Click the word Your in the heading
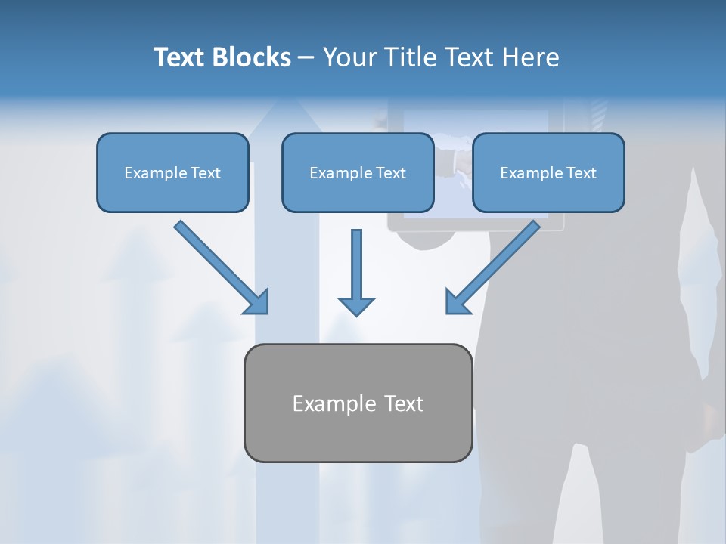(351, 57)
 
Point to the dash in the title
(306, 58)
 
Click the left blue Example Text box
(172, 172)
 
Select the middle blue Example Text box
(358, 172)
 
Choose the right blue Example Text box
(548, 172)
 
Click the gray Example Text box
(358, 403)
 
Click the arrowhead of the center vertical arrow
(356, 306)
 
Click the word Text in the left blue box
(206, 172)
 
